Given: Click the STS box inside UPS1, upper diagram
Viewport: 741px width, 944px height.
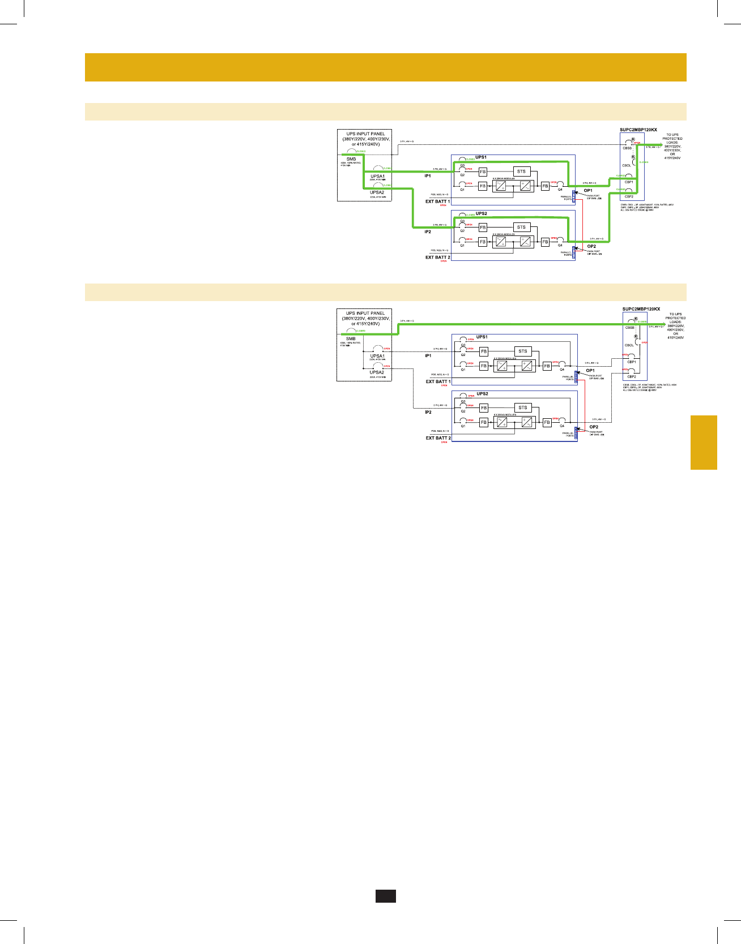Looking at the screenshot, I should [x=521, y=171].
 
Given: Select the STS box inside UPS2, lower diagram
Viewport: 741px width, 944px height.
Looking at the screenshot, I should [x=522, y=407].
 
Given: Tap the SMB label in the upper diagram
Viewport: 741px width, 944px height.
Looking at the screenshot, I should [x=351, y=160].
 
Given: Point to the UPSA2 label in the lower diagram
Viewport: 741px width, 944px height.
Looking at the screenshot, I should [x=377, y=372].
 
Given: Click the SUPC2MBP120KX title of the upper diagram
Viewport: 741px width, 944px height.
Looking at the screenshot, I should [x=638, y=130].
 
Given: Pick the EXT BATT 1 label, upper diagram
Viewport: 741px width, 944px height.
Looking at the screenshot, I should [x=438, y=201].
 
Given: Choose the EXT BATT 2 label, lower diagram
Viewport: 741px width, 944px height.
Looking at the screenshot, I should [x=438, y=438].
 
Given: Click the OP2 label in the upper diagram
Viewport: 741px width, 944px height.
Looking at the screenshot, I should [x=591, y=246].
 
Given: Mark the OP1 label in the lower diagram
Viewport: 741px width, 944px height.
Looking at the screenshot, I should [x=590, y=371].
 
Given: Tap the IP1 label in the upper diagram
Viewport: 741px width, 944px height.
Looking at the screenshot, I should [x=428, y=176].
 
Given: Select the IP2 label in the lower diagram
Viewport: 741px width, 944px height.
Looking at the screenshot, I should [x=428, y=412].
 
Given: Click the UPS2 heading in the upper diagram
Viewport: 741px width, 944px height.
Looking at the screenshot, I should [x=481, y=214].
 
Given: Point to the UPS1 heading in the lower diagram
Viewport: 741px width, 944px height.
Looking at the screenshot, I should [x=482, y=337].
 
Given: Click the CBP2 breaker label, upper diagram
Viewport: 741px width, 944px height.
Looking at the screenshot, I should [x=629, y=196].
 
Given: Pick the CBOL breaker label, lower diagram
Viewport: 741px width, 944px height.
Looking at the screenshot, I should [x=629, y=345].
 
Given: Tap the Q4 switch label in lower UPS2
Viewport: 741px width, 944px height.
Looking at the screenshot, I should [x=562, y=426].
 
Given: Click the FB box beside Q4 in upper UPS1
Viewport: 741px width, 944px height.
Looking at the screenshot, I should [x=545, y=186].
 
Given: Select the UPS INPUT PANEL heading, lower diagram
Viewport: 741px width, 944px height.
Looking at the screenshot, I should [x=365, y=313].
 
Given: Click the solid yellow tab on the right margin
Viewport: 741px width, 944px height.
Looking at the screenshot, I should [x=704, y=443].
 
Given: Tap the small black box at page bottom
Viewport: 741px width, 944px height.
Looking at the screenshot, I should [x=385, y=896].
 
